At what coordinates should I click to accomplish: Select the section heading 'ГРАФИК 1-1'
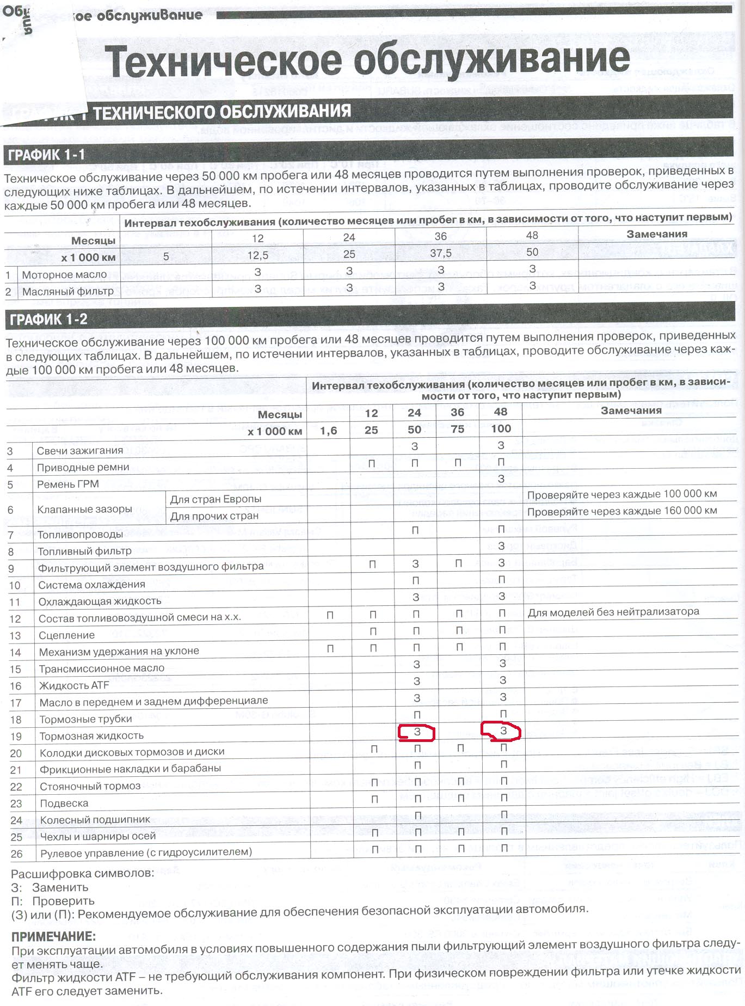click(47, 155)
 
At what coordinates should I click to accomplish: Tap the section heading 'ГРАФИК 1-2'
click(48, 320)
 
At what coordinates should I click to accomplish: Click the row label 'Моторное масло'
click(64, 275)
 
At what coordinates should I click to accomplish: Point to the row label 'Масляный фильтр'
click(67, 292)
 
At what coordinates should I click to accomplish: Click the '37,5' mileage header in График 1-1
click(440, 254)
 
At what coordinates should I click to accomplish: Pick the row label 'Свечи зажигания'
click(80, 451)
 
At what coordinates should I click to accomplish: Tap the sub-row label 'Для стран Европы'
click(216, 499)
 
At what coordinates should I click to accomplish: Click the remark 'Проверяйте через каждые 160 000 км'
click(622, 511)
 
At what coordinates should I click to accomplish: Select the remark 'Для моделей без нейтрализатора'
click(613, 612)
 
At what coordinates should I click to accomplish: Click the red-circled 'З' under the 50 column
click(417, 732)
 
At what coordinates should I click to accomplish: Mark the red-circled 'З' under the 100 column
click(503, 731)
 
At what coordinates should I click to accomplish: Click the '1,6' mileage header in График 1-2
click(328, 431)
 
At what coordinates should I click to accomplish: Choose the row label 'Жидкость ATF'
click(74, 685)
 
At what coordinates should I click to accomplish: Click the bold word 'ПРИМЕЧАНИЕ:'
click(53, 937)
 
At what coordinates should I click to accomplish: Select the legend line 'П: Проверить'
click(53, 901)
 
